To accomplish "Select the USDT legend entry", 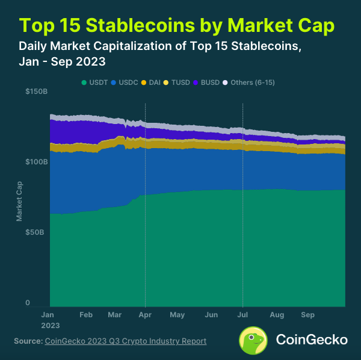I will pyautogui.click(x=96, y=82).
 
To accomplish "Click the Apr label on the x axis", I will pyautogui.click(x=146, y=315).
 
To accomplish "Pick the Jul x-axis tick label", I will pyautogui.click(x=242, y=315).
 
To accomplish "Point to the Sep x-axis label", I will pyautogui.click(x=308, y=315).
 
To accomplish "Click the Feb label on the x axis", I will pyautogui.click(x=85, y=315).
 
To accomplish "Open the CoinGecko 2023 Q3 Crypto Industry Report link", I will pyautogui.click(x=126, y=341).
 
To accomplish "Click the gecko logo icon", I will pyautogui.click(x=254, y=340).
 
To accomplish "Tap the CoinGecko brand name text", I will pyautogui.click(x=311, y=340).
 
